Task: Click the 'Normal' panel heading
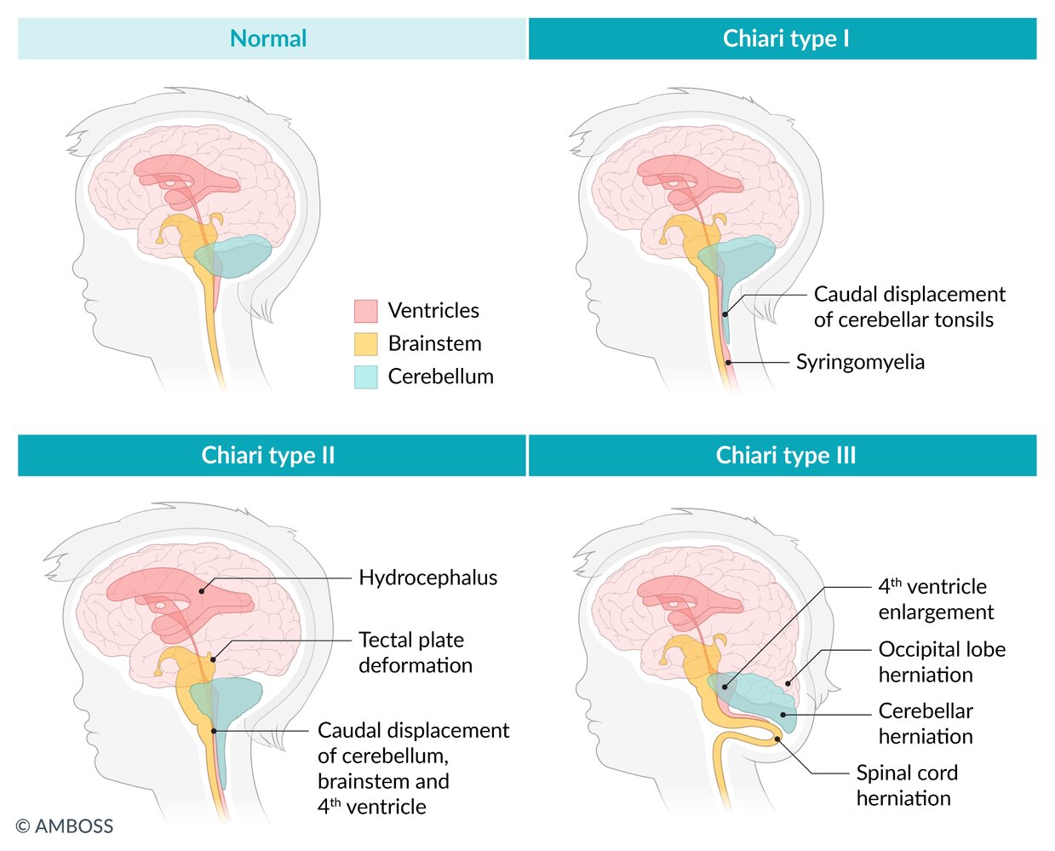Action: (268, 38)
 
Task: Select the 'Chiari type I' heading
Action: (785, 38)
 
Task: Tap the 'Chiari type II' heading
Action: (268, 455)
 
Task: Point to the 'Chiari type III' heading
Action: (785, 455)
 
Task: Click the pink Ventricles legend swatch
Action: (365, 311)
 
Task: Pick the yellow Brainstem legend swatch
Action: (365, 344)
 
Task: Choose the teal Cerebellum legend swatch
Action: (365, 377)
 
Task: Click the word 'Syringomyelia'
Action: (860, 362)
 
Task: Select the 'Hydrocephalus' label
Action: (427, 578)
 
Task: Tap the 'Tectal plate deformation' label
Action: (415, 653)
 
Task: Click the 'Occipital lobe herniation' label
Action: (942, 662)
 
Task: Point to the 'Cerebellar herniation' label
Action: (926, 723)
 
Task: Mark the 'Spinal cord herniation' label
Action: (907, 785)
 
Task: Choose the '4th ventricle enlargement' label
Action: (935, 599)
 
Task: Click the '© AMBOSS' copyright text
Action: (65, 825)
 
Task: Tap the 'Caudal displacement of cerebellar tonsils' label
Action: (909, 307)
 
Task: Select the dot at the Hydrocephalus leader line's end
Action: (202, 589)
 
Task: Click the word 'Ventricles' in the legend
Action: (433, 311)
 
